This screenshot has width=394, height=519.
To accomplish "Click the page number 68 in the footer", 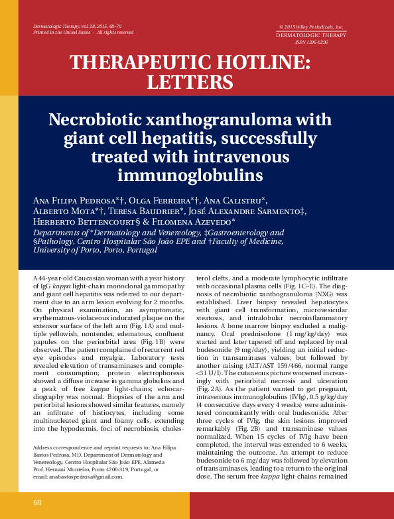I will (37, 503).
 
